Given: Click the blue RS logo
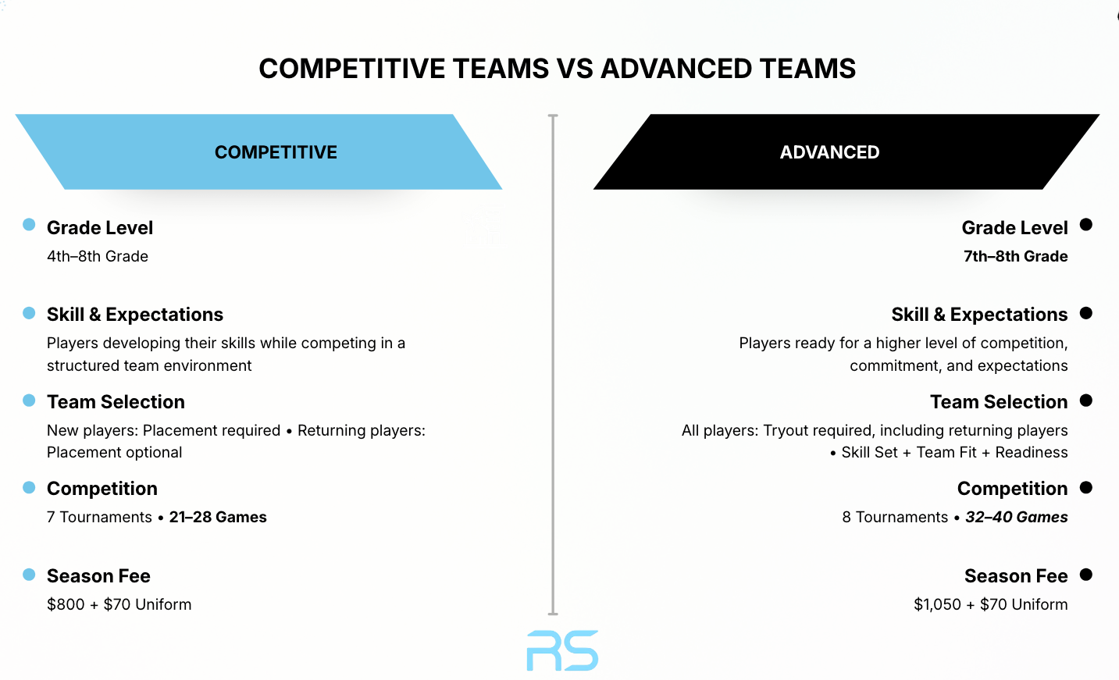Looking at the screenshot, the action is [x=562, y=650].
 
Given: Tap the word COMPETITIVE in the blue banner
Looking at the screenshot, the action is [x=276, y=152].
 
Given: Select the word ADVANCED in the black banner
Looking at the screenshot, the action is [x=830, y=152].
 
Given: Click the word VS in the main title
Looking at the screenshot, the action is [x=575, y=69].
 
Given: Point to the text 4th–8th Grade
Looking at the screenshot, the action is [x=98, y=256].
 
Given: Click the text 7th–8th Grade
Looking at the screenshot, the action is [x=1016, y=256].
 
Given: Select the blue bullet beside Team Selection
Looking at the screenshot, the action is [x=29, y=401].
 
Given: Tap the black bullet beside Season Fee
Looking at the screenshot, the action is [x=1086, y=575].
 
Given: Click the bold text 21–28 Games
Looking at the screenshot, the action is [x=218, y=517].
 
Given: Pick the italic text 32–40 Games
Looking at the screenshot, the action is [x=1017, y=517].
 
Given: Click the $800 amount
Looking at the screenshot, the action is [x=66, y=604].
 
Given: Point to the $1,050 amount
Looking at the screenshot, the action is [x=937, y=604].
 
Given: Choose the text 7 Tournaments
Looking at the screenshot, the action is [x=99, y=517].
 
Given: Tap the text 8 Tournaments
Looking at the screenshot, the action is [x=895, y=517].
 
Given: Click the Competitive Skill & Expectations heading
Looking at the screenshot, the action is [x=135, y=315].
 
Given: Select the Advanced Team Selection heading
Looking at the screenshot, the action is [x=999, y=402].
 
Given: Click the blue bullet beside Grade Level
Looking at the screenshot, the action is [x=29, y=225].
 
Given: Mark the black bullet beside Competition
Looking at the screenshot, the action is [x=1086, y=487].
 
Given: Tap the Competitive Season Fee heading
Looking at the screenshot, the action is [x=98, y=575].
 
